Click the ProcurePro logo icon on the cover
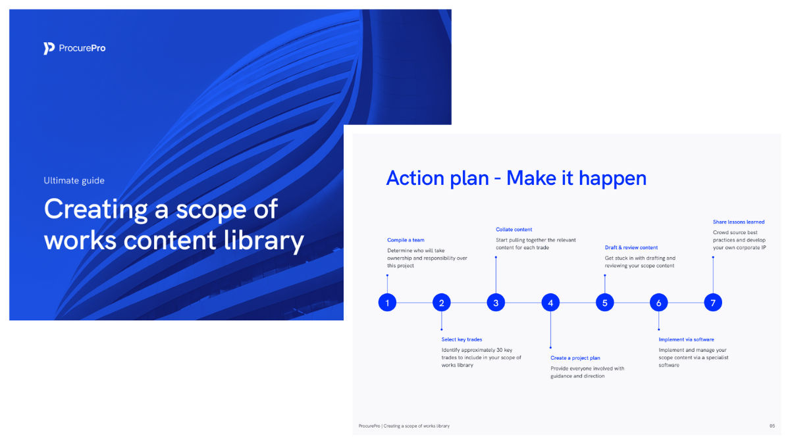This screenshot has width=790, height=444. [x=49, y=48]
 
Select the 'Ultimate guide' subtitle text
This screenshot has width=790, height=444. [x=74, y=180]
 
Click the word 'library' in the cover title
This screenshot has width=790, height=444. [x=264, y=241]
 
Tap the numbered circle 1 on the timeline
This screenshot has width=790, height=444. [x=387, y=303]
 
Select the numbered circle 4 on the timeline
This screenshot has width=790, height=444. [x=550, y=303]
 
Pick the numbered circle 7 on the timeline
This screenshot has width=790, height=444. [x=713, y=303]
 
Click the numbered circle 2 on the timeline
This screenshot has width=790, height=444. [x=442, y=303]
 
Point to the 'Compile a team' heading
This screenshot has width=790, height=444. [x=406, y=240]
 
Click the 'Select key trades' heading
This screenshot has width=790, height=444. [x=461, y=339]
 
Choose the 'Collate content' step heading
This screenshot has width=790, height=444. [x=514, y=230]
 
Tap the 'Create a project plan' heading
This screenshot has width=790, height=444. [x=575, y=358]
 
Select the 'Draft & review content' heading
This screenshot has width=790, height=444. [x=631, y=248]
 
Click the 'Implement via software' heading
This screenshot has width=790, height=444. [x=686, y=339]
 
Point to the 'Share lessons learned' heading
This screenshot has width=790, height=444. [x=739, y=222]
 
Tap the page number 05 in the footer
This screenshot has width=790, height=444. [x=772, y=426]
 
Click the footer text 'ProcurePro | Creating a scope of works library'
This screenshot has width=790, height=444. [x=404, y=426]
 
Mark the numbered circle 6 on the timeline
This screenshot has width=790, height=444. [x=659, y=303]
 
